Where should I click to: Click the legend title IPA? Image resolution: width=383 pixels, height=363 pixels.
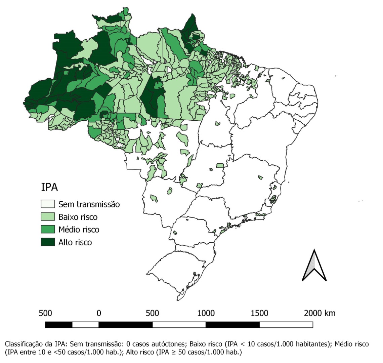tap(49, 187)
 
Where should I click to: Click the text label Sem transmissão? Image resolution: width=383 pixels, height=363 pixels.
tap(89, 204)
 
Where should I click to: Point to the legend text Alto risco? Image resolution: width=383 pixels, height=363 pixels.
tap(75, 242)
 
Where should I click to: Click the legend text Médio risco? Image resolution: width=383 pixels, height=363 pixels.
tap(79, 230)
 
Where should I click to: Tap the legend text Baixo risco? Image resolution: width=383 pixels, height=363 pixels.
tap(78, 217)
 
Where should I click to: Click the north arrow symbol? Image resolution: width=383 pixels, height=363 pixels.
tap(314, 265)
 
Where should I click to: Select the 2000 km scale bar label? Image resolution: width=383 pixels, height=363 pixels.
tap(320, 313)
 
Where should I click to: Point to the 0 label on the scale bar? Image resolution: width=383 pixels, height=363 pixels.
tap(99, 313)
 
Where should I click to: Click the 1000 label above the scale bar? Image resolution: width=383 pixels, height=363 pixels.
tap(206, 313)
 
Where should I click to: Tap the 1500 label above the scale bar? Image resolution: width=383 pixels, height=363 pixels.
tap(259, 313)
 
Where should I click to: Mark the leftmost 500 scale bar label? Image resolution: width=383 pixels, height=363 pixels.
tap(45, 313)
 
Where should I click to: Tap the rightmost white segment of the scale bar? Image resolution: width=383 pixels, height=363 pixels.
tap(286, 325)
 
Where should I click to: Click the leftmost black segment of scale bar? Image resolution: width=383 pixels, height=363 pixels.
tap(58, 325)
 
